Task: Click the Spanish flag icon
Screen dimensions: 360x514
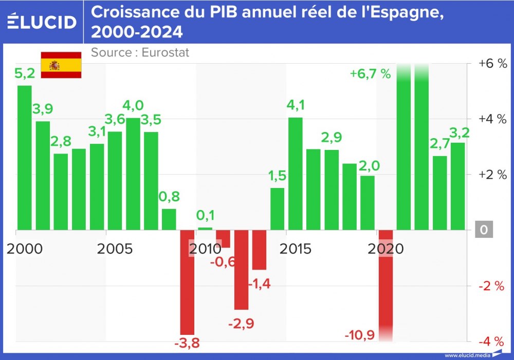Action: click(61, 65)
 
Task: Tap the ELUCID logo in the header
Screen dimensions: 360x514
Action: click(43, 21)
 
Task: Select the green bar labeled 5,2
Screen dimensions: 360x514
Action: click(25, 157)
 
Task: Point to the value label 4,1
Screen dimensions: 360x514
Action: click(296, 106)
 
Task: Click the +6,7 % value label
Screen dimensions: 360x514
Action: click(370, 73)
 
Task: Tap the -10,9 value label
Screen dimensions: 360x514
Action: click(360, 336)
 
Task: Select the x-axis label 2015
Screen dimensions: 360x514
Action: click(296, 249)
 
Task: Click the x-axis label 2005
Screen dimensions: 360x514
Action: click(115, 249)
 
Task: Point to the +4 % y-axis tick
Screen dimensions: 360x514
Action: click(492, 119)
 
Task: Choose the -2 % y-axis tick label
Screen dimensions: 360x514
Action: click(492, 286)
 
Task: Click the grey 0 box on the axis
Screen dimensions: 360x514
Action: click(483, 230)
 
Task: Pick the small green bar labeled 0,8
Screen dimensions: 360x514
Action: click(169, 219)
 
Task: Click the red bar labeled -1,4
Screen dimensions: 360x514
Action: click(260, 250)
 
